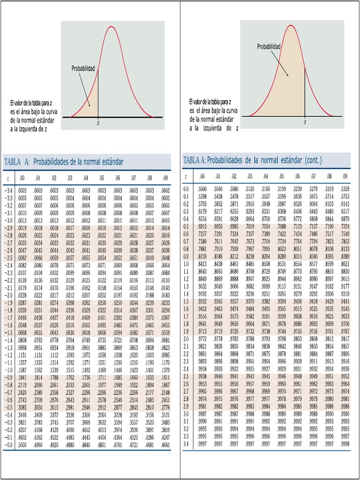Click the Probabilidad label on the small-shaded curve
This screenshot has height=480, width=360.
tap(83, 69)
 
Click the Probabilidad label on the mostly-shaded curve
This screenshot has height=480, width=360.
tap(269, 46)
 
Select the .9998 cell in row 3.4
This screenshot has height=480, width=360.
tap(345, 444)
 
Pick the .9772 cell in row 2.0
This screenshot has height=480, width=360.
tap(202, 338)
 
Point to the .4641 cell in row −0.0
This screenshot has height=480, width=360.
tap(165, 444)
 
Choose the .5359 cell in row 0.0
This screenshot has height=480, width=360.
tap(345, 188)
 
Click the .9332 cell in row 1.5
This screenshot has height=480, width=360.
tap(202, 301)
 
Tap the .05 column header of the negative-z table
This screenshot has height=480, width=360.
tap(101, 178)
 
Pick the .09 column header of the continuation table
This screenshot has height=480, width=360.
tap(345, 177)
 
